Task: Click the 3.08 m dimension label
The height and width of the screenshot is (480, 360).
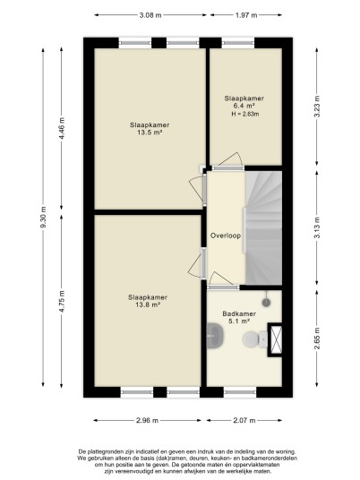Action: coord(150,15)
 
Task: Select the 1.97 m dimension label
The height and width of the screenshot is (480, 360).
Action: coord(246,15)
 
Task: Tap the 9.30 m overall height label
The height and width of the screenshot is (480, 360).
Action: coord(43,217)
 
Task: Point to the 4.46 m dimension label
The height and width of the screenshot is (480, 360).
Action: coord(62,128)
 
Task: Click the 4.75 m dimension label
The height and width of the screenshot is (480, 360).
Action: coord(62,301)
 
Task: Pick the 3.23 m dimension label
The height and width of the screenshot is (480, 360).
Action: coord(317,107)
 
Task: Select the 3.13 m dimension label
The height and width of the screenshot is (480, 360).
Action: coord(317,227)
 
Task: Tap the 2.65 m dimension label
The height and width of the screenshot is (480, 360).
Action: coord(317,339)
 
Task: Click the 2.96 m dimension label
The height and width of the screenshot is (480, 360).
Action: coord(147,420)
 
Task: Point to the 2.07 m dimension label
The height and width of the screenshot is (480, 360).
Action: coord(244,420)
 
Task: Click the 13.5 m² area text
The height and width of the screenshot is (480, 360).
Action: coord(150,133)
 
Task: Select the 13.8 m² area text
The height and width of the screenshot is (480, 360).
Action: coord(148,304)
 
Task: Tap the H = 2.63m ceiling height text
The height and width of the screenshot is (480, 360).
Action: coord(244,115)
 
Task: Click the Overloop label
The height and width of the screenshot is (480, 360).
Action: coord(226,236)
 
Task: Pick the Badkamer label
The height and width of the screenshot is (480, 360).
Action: coord(239,313)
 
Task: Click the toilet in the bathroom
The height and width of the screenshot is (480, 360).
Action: coord(255,339)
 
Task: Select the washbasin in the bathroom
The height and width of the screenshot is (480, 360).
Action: coord(215,336)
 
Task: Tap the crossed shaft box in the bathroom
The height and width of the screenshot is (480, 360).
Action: coord(275,339)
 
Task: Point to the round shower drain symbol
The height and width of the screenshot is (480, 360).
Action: coord(266,303)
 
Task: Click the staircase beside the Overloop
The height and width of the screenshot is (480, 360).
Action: coord(263,228)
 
